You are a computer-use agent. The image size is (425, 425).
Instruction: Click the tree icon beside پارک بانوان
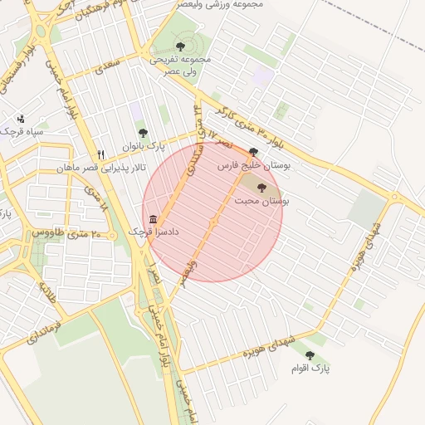click(x=143, y=133)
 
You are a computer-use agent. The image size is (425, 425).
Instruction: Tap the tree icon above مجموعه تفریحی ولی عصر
click(x=180, y=46)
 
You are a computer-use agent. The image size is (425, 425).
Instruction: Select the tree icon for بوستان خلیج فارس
click(x=253, y=152)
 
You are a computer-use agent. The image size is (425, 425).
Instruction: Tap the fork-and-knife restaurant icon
click(x=100, y=154)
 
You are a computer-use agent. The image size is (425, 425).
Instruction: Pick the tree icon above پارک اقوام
click(x=310, y=354)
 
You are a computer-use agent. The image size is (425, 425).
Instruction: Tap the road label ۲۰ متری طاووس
click(x=66, y=234)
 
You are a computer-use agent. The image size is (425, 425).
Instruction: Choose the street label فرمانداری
click(x=45, y=327)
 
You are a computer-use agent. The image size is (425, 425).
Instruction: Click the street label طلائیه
click(x=46, y=291)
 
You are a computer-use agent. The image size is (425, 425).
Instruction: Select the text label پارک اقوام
click(x=310, y=368)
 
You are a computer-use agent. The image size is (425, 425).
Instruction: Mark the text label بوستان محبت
click(x=261, y=201)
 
